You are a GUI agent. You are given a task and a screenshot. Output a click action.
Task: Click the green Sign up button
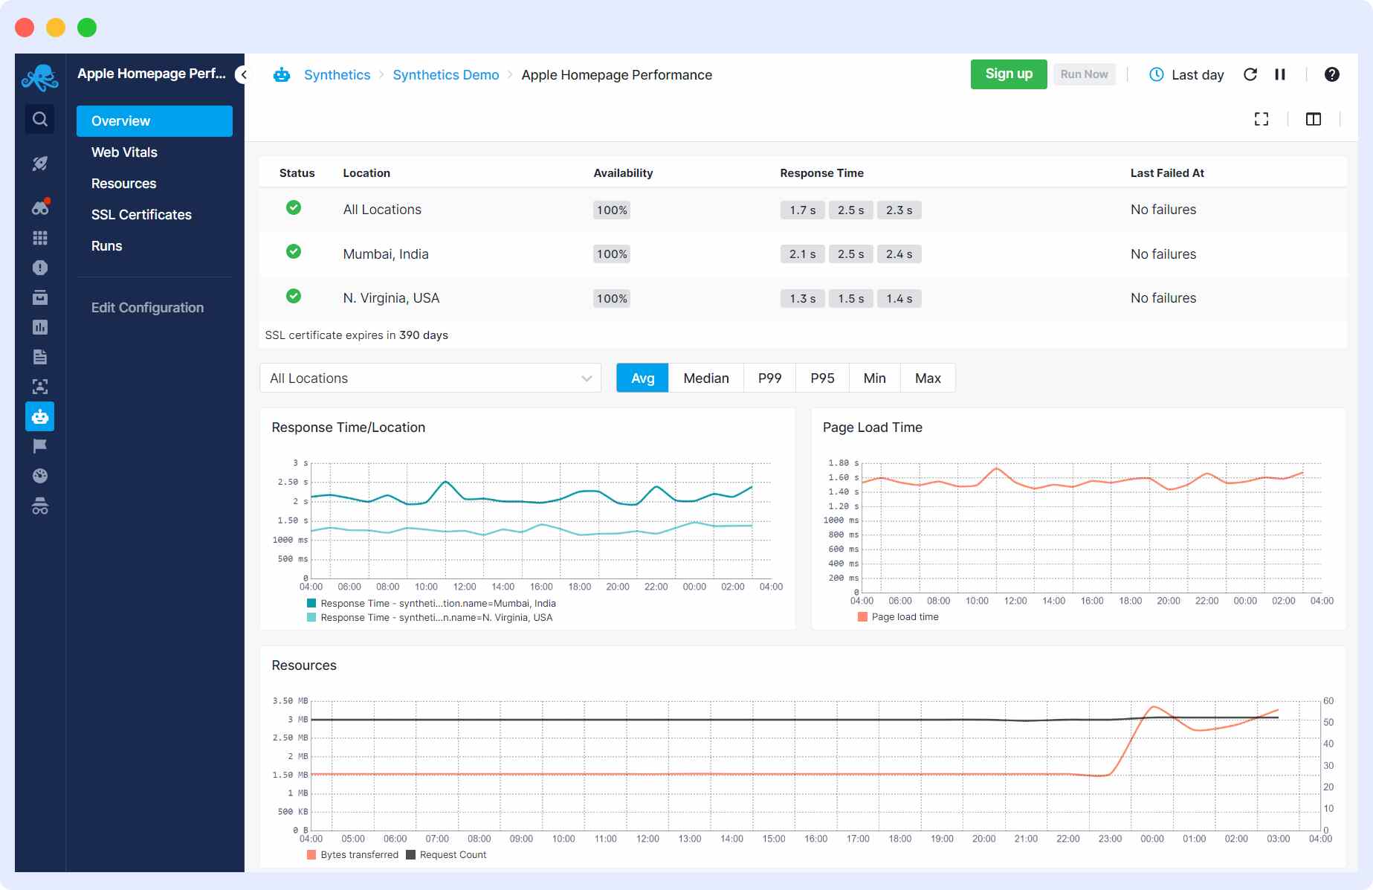[1008, 74]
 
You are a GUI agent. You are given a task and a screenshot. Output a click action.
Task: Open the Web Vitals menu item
[124, 152]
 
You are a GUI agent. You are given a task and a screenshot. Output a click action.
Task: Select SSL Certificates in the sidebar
[141, 215]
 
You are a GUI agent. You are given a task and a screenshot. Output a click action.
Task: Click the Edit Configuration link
[147, 308]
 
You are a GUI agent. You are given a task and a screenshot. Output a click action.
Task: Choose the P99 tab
[769, 378]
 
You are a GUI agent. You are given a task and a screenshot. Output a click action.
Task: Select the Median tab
[705, 378]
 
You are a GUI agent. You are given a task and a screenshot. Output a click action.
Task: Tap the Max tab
[928, 378]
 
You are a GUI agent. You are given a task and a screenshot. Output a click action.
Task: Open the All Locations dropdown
[430, 378]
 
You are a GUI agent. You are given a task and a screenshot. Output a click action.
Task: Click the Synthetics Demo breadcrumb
[445, 75]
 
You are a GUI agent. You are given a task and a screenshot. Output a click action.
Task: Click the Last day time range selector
[1187, 75]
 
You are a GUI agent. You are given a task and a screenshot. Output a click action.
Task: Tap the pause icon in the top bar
[1280, 74]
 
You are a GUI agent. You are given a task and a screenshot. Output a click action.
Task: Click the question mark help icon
[1331, 74]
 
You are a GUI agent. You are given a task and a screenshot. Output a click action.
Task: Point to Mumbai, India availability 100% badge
[612, 254]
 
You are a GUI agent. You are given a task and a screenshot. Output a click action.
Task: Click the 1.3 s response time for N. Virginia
[802, 299]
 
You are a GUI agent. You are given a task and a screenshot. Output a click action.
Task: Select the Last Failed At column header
[1166, 173]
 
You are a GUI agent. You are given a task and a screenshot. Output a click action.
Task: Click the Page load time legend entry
[904, 617]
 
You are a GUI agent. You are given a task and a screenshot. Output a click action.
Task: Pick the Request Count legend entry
[452, 855]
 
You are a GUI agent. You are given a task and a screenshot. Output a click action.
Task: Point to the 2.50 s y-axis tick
[292, 483]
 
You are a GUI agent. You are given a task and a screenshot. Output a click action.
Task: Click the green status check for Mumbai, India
[294, 251]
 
